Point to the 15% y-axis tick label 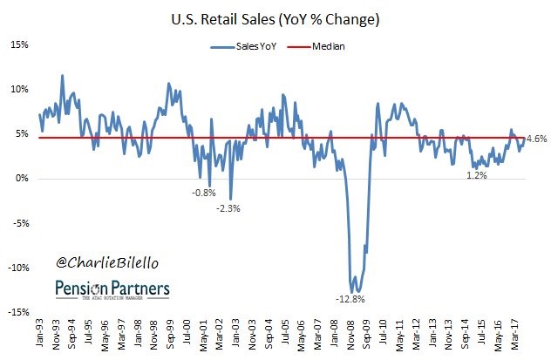pyautogui.click(x=18, y=44)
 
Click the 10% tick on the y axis pyautogui.click(x=18, y=89)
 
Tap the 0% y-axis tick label pyautogui.click(x=21, y=179)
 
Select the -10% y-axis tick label pyautogui.click(x=17, y=268)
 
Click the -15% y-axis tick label pyautogui.click(x=17, y=313)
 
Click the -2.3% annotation pyautogui.click(x=228, y=208)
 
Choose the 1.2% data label pyautogui.click(x=476, y=175)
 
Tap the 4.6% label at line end pyautogui.click(x=536, y=138)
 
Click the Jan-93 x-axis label pyautogui.click(x=39, y=334)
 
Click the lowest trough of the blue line pyautogui.click(x=352, y=292)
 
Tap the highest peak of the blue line pyautogui.click(x=62, y=76)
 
